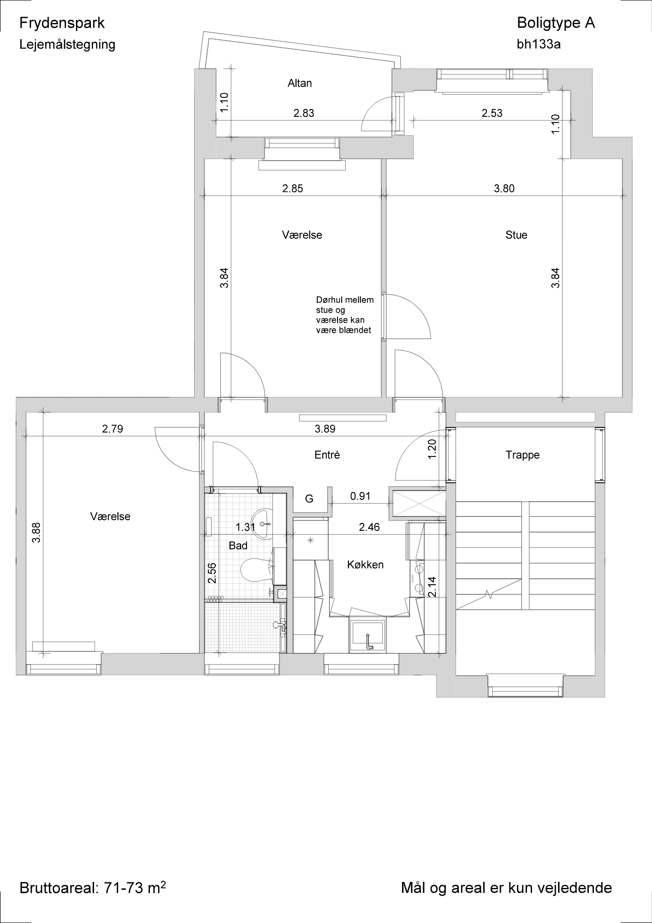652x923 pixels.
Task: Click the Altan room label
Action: [300, 83]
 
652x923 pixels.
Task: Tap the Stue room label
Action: [516, 235]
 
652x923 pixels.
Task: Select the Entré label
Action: [327, 455]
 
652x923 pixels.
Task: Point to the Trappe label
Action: [522, 455]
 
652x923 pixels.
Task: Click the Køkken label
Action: [365, 564]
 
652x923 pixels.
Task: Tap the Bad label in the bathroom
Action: [238, 545]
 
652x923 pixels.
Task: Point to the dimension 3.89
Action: [325, 429]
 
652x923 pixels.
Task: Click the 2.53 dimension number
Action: [492, 113]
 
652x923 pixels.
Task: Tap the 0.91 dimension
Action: [360, 496]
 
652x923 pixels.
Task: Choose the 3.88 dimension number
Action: [36, 532]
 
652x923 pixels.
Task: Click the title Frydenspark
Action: [62, 23]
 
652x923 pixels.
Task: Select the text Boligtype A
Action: [556, 23]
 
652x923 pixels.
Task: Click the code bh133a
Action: [539, 44]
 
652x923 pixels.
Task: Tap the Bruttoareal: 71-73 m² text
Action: [93, 887]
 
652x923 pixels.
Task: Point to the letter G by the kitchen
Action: [309, 499]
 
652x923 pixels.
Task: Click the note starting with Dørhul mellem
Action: [345, 315]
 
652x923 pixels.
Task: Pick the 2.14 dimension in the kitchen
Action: [432, 587]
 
